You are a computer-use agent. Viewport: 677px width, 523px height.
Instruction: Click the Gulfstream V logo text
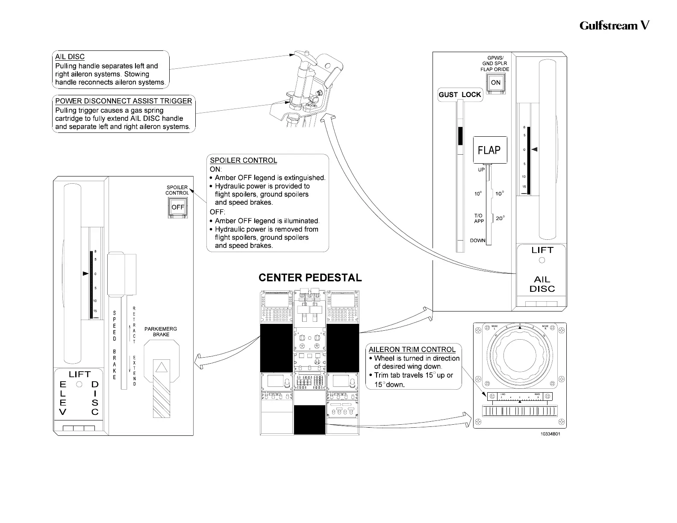coord(614,26)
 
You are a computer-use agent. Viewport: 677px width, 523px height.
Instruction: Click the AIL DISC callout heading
coord(70,57)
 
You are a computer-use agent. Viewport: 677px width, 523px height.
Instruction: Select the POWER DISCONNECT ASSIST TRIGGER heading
coord(124,101)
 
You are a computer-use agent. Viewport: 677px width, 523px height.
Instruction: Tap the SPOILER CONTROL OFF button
coord(178,208)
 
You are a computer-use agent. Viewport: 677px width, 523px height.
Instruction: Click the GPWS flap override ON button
coord(496,83)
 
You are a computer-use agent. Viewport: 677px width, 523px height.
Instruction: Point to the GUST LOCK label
coord(460,94)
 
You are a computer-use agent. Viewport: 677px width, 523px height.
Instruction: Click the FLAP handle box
coord(490,150)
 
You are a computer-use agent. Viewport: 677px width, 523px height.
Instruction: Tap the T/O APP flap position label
coord(479,218)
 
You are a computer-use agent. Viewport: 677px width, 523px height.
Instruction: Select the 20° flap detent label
coord(500,218)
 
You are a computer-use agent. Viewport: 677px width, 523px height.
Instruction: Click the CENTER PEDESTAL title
coord(310,278)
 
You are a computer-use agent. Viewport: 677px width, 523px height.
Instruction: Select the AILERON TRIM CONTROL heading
coord(412,350)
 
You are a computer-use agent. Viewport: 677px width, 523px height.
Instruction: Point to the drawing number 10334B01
coord(550,434)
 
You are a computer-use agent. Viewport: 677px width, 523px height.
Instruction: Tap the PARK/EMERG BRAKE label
coord(161,332)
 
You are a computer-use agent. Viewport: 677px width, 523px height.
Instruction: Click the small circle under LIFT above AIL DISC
coord(542,260)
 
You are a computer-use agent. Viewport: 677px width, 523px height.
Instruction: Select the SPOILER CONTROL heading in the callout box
coord(243,161)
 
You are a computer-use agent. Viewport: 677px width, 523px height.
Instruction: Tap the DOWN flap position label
coord(477,241)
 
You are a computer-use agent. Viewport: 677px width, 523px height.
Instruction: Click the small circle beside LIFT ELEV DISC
coord(79,384)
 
